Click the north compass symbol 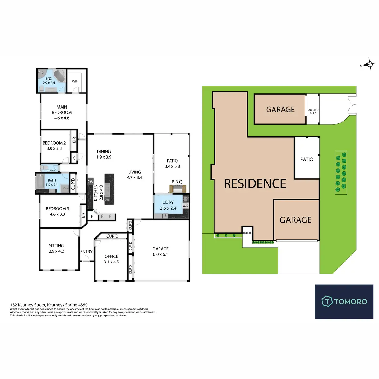click(x=370, y=64)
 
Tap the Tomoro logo click(x=344, y=301)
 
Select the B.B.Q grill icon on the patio click(x=177, y=189)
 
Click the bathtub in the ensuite click(x=59, y=76)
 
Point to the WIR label click(x=75, y=81)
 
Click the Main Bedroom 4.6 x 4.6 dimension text click(x=62, y=118)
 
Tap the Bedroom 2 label click(x=54, y=143)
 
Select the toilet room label click(x=51, y=171)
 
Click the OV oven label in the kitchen click(x=91, y=182)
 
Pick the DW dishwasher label click(x=107, y=200)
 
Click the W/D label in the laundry click(x=185, y=206)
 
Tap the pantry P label click(x=92, y=217)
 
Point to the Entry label click(x=86, y=252)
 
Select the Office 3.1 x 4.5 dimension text click(x=111, y=262)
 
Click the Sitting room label click(x=56, y=246)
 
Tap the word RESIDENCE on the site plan click(x=255, y=183)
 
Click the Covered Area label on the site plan click(x=313, y=111)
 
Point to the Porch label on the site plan click(x=247, y=233)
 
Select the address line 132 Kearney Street click(x=49, y=305)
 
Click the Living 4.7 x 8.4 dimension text click(x=135, y=177)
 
